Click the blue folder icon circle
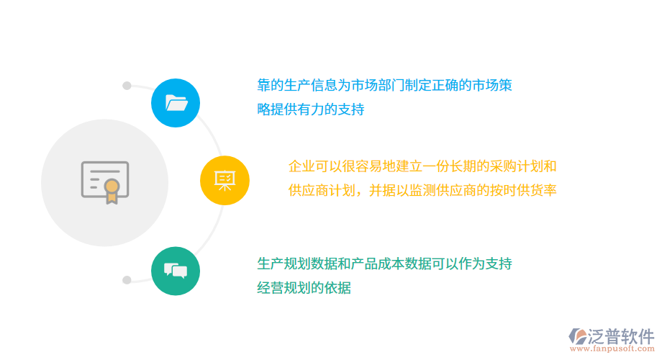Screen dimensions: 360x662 coord(176,103)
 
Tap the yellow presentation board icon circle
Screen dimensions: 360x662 coord(225,180)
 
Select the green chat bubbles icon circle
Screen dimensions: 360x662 coord(176,271)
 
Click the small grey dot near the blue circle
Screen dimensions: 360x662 coord(127,86)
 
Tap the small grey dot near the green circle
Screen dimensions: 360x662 coord(127,279)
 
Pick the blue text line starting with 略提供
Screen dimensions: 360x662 coord(311,110)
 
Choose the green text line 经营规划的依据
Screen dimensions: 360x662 coord(304,288)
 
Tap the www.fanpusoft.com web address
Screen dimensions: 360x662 coord(613,349)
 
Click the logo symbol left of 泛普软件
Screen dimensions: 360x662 coord(577,336)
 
